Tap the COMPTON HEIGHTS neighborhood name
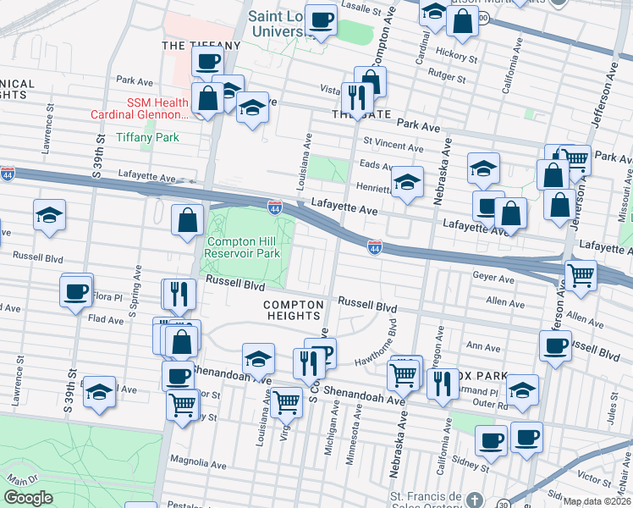[x=294, y=310]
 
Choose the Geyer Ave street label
[x=493, y=279]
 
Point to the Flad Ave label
[x=106, y=320]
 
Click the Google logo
[x=28, y=498]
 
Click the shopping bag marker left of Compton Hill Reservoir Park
[x=187, y=220]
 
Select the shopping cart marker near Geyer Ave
[x=581, y=274]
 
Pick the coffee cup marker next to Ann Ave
[x=556, y=345]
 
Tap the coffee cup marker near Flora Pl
[x=76, y=291]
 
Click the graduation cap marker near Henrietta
[x=407, y=184]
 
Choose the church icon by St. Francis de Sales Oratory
[x=476, y=499]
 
